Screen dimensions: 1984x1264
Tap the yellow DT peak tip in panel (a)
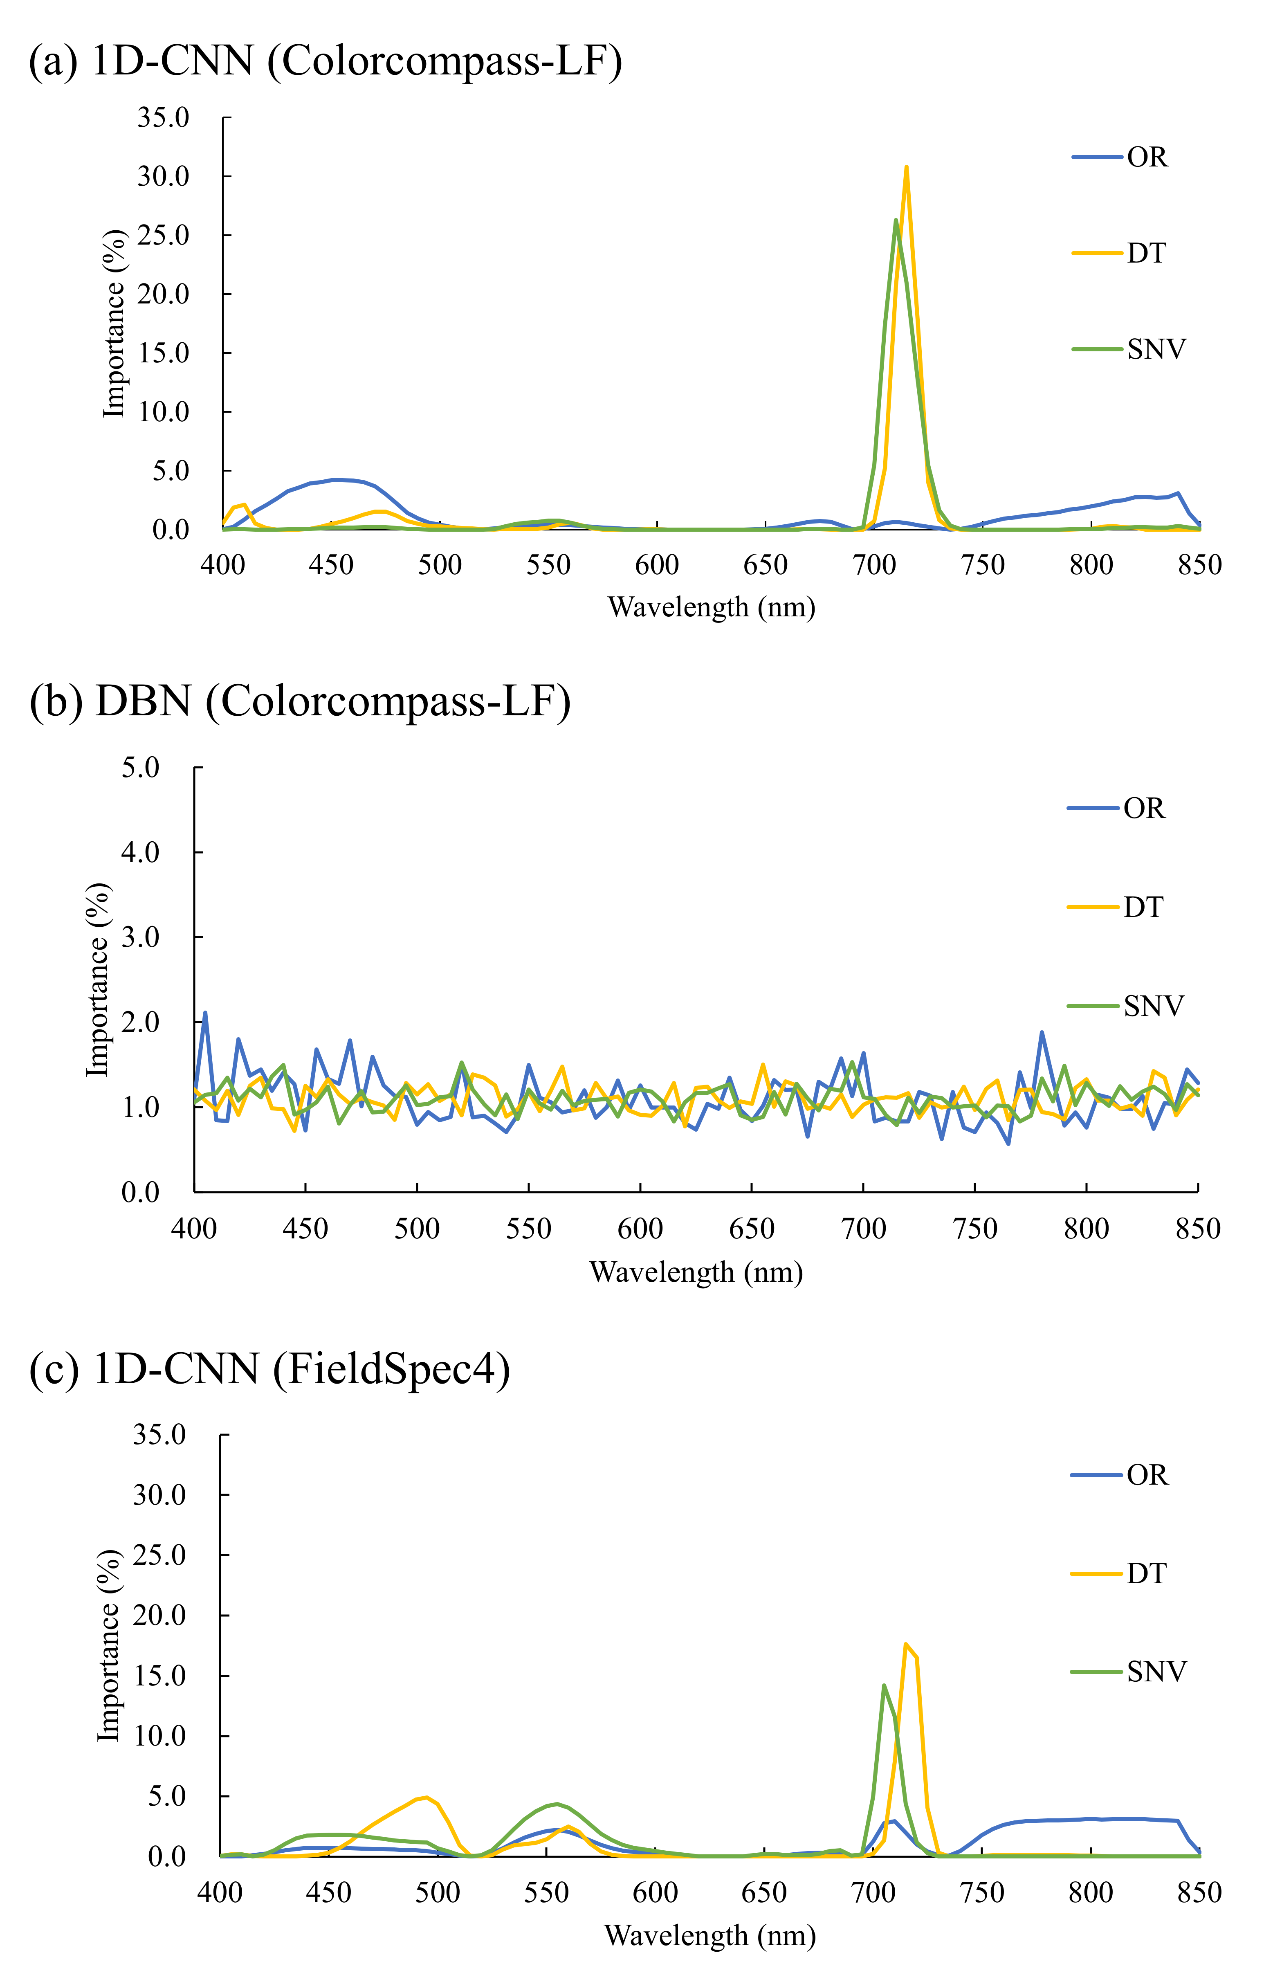coord(906,167)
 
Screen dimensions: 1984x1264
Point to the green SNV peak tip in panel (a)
coord(896,220)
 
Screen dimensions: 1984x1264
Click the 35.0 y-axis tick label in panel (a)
coord(163,118)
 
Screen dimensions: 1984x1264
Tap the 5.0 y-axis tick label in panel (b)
coord(140,768)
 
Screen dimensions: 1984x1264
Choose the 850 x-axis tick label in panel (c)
coord(1199,1892)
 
